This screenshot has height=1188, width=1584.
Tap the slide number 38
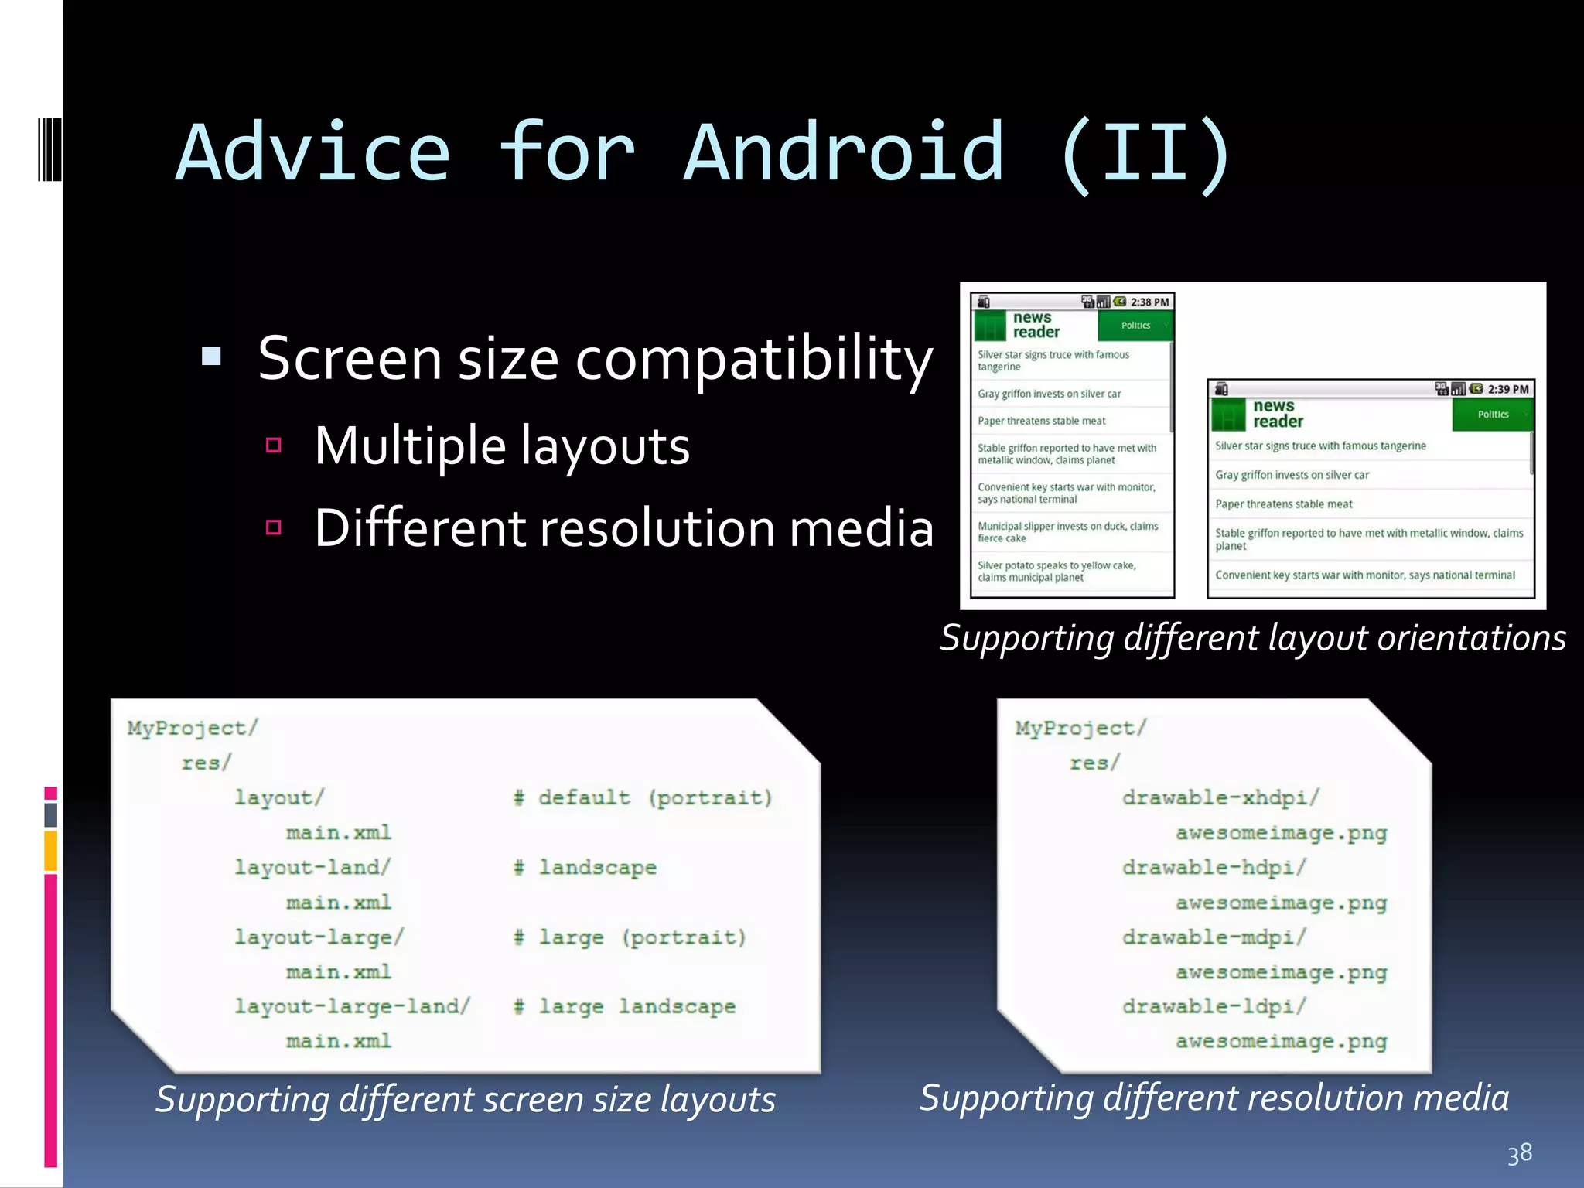pyautogui.click(x=1519, y=1153)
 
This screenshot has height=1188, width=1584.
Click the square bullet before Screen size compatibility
pyautogui.click(x=211, y=357)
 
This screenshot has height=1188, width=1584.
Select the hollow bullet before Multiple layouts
pyautogui.click(x=273, y=445)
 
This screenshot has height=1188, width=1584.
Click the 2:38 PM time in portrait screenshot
pyautogui.click(x=1149, y=302)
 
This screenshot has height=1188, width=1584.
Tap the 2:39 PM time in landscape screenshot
pyautogui.click(x=1507, y=389)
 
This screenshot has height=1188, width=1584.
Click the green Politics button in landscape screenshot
pyautogui.click(x=1493, y=415)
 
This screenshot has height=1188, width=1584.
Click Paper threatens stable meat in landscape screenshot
pyautogui.click(x=1284, y=504)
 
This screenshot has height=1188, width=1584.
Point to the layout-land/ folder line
pyautogui.click(x=312, y=867)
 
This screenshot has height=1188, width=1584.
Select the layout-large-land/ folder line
pyautogui.click(x=352, y=1006)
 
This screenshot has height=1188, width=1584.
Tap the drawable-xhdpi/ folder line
pyautogui.click(x=1220, y=797)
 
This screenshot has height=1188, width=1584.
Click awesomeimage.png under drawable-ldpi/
pyautogui.click(x=1281, y=1041)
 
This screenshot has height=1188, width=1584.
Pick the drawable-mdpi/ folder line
pyautogui.click(x=1214, y=937)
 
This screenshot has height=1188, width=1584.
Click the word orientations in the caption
pyautogui.click(x=1471, y=638)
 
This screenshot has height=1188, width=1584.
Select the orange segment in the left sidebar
pyautogui.click(x=51, y=850)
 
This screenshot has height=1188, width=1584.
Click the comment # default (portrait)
pyautogui.click(x=643, y=797)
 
